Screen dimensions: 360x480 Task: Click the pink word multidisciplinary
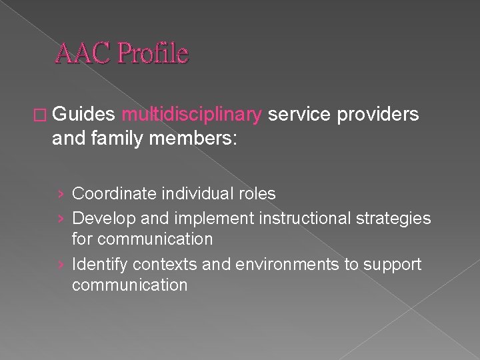[192, 115]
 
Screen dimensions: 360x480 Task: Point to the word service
[299, 115]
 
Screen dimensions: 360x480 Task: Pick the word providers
[378, 115]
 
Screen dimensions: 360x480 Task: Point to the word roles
[258, 194]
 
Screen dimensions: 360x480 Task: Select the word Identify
[100, 265]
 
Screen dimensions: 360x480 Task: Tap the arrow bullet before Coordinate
[61, 195]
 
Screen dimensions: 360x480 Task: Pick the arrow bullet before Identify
[61, 265]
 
